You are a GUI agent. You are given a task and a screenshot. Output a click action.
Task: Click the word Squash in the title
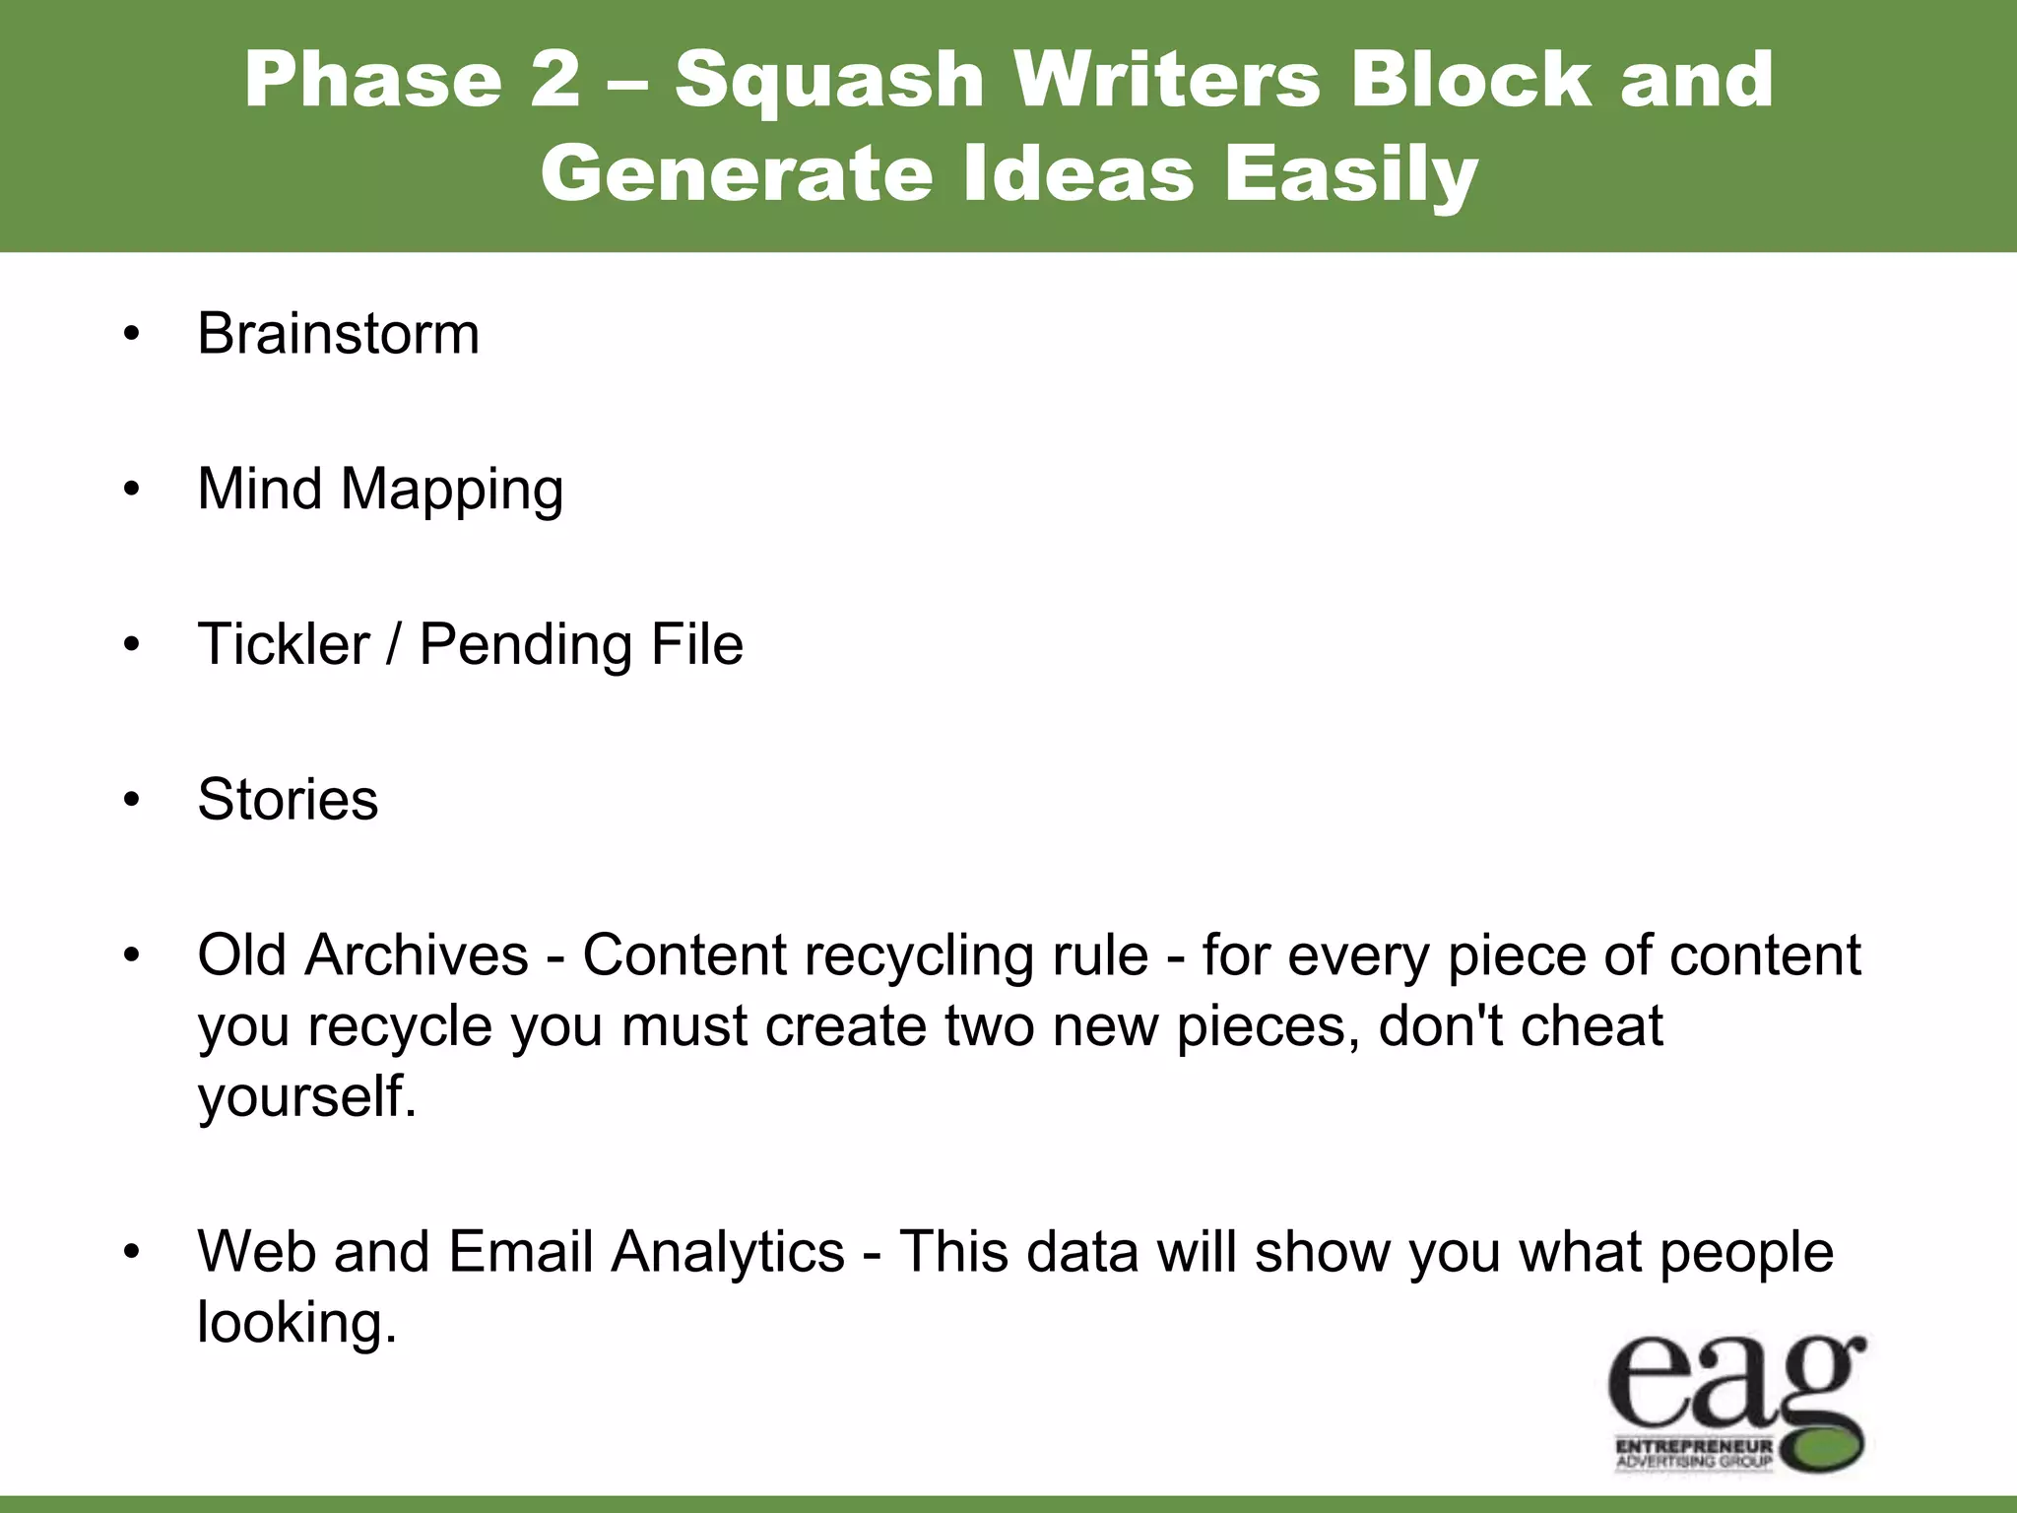pyautogui.click(x=829, y=81)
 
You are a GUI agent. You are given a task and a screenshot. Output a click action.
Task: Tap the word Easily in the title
pyautogui.click(x=1350, y=175)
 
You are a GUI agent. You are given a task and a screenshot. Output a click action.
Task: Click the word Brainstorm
pyautogui.click(x=338, y=334)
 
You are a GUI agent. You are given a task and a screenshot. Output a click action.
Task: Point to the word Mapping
pyautogui.click(x=451, y=490)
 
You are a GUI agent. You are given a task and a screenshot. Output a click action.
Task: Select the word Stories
pyautogui.click(x=288, y=799)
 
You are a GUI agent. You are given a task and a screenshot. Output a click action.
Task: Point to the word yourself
pyautogui.click(x=306, y=1096)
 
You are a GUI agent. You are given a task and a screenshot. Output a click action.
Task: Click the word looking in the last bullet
pyautogui.click(x=296, y=1322)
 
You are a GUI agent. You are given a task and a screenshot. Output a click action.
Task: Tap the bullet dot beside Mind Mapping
pyautogui.click(x=132, y=490)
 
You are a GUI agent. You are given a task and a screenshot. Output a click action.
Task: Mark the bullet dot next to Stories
pyautogui.click(x=132, y=800)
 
